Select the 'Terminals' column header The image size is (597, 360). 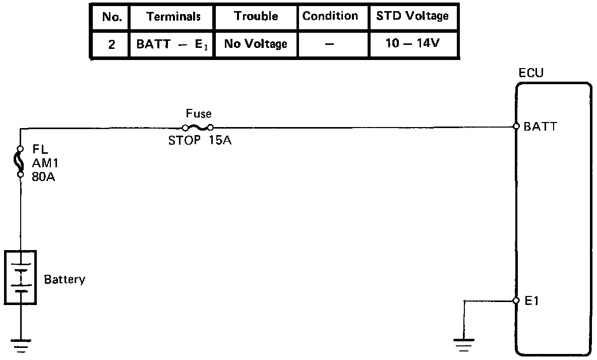[173, 17]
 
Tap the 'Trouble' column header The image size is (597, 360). [256, 16]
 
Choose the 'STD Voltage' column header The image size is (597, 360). [412, 16]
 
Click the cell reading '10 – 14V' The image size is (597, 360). [412, 44]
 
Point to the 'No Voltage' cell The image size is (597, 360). [256, 44]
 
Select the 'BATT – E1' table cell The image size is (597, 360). [173, 44]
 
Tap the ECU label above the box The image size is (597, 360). [531, 74]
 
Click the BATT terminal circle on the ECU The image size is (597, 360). [516, 127]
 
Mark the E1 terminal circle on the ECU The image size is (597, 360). [516, 301]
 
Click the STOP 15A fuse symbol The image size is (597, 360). [198, 128]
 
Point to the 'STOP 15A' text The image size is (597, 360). [200, 141]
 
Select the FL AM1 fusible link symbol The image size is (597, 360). [21, 161]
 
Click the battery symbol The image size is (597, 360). [21, 277]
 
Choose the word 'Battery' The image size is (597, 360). [65, 279]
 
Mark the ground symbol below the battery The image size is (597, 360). [21, 345]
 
